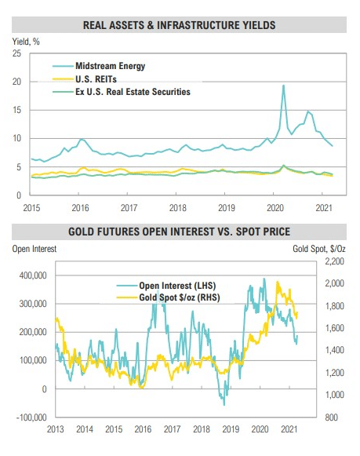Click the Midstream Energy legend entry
99,66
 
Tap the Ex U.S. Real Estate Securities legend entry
122,92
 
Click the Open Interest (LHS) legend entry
166,286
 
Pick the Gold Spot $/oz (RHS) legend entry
168,297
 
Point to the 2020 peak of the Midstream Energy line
283,86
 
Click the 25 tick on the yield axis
16,53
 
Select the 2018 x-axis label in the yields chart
177,208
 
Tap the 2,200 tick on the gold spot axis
334,261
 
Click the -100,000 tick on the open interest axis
31,418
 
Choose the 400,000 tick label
33,275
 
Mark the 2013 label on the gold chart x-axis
55,429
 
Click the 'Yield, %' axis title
26,42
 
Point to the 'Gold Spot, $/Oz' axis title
319,249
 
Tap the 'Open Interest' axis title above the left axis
35,249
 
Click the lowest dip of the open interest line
224,405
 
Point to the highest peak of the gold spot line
277,282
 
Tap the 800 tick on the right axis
332,418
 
